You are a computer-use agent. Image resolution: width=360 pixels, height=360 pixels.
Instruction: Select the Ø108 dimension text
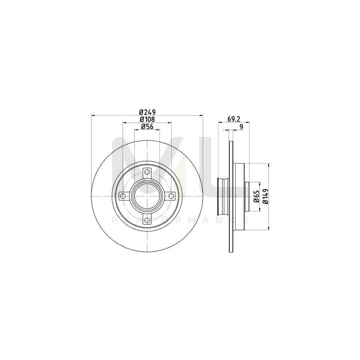(x=147, y=119)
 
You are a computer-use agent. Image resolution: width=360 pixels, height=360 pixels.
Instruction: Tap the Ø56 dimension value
(x=147, y=127)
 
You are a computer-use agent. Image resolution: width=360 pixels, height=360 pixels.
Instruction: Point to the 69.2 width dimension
(x=234, y=119)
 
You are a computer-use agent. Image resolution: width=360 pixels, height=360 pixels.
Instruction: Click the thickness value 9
(x=241, y=127)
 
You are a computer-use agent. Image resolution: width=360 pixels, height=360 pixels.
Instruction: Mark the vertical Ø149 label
(x=264, y=196)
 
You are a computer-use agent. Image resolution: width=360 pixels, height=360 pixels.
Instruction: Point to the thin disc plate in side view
(x=231, y=232)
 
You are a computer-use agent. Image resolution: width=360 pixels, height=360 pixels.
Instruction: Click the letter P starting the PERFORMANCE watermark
(x=114, y=220)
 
